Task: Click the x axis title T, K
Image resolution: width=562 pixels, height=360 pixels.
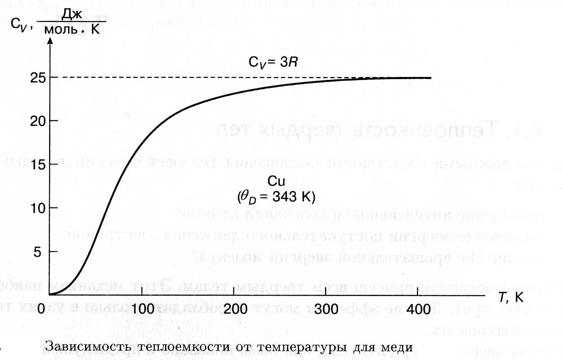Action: (511, 297)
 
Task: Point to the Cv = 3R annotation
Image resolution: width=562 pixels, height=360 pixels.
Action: (274, 64)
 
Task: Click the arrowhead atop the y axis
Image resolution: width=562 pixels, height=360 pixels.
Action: (50, 41)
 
